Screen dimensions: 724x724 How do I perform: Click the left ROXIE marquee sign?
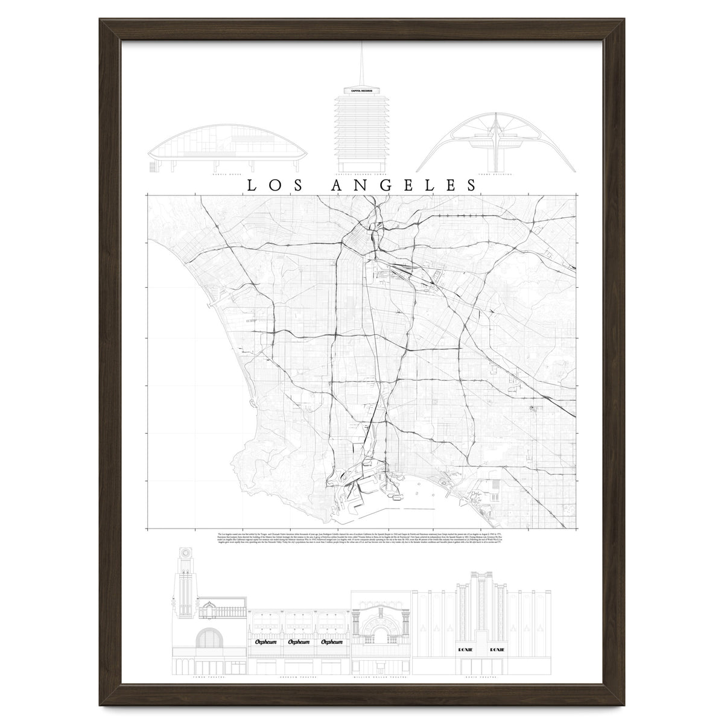(472, 650)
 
